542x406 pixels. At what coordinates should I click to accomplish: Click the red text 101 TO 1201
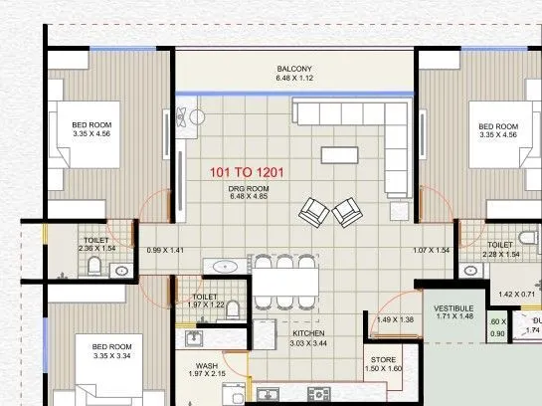point(248,172)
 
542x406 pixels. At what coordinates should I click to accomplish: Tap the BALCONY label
point(294,70)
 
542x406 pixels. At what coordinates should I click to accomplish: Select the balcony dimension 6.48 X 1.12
point(294,79)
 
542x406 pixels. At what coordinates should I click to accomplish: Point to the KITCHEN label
point(309,333)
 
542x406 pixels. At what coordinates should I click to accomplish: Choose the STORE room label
point(383,359)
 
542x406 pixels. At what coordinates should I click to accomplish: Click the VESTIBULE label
point(453,307)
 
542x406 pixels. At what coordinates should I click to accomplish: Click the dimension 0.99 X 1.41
point(165,251)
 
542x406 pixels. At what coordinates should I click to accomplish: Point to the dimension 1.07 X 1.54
point(432,251)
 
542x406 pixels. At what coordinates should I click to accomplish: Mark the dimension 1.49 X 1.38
point(395,319)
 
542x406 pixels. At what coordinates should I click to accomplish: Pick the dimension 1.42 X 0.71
point(518,295)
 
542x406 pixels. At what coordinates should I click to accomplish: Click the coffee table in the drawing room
point(341,154)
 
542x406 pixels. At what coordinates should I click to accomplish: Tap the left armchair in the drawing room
point(314,211)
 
